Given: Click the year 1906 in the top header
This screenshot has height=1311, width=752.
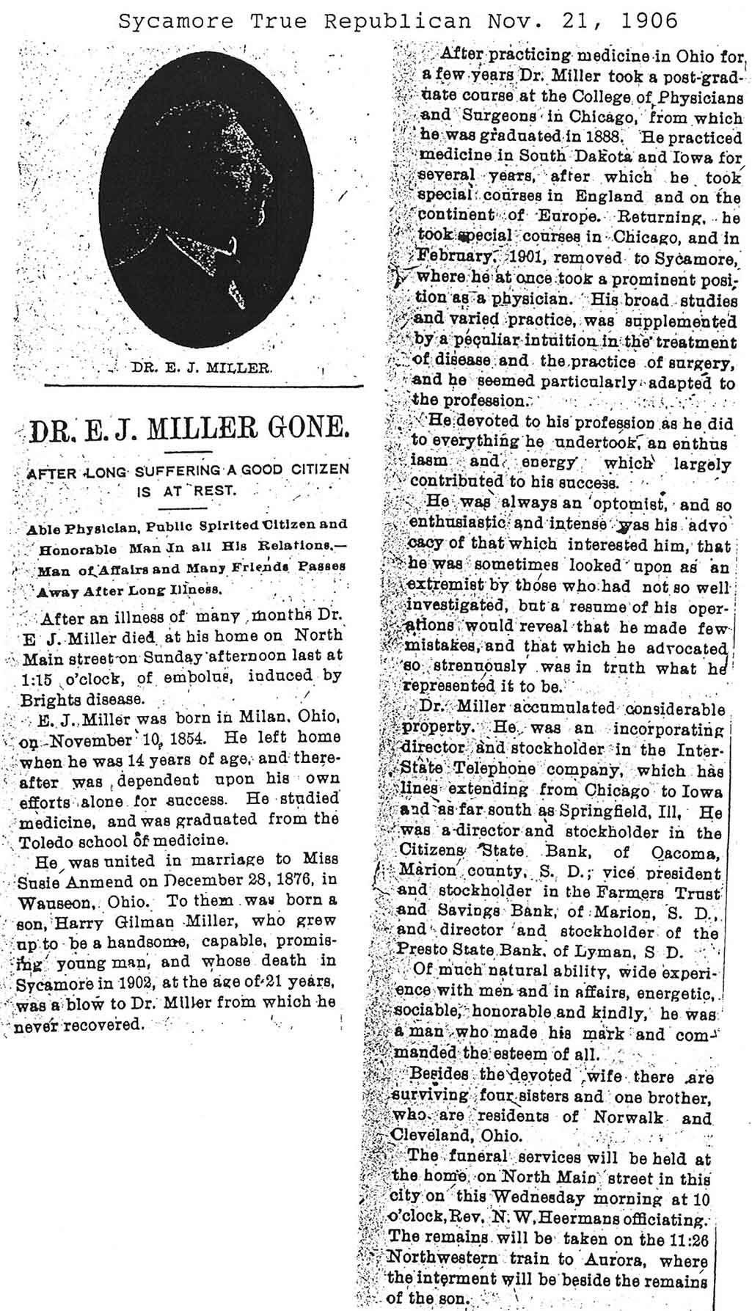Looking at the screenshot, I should point(649,21).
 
